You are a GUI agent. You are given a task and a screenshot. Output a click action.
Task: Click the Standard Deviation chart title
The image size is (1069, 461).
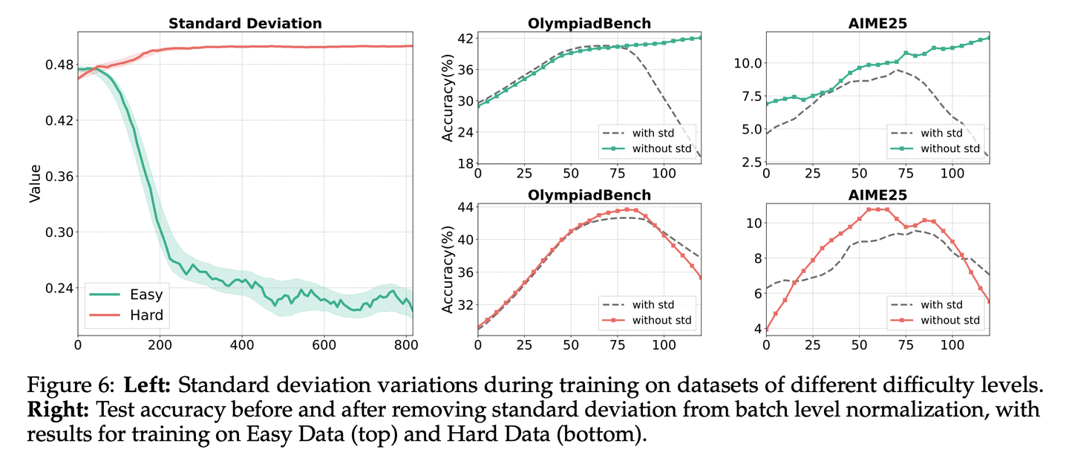pyautogui.click(x=245, y=23)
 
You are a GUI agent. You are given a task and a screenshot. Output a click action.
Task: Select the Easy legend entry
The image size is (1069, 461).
pyautogui.click(x=146, y=293)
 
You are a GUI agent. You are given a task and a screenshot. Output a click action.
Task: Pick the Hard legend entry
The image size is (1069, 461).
pyautogui.click(x=146, y=315)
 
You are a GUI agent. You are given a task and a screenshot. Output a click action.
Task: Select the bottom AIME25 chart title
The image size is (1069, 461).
pyautogui.click(x=878, y=195)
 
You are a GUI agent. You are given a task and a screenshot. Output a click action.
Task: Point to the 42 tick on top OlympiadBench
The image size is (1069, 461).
pyautogui.click(x=464, y=38)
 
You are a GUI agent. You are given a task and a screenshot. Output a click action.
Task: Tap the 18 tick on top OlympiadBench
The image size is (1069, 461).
pyautogui.click(x=464, y=163)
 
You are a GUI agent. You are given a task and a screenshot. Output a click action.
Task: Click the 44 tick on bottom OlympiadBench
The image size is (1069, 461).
pyautogui.click(x=464, y=207)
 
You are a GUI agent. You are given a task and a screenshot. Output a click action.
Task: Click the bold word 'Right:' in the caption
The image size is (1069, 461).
pyautogui.click(x=50, y=410)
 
